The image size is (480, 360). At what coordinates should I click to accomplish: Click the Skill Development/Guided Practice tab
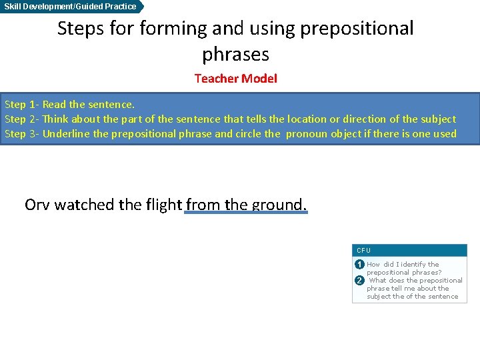pos(71,7)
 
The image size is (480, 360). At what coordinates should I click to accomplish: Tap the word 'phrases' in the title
pos(235,54)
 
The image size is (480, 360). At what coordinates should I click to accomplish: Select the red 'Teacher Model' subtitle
pos(235,79)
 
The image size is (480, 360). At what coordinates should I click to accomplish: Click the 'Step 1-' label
pos(22,105)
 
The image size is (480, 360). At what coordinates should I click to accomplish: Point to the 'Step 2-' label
pos(22,119)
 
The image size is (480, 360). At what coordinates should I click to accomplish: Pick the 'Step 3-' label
pos(22,134)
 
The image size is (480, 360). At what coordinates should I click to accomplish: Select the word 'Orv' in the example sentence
pos(37,205)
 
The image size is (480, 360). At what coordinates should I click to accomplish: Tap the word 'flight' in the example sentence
pos(163,205)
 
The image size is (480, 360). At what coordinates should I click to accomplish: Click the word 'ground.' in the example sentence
pos(280,205)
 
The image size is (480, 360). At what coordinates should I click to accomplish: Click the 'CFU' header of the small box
pos(363,251)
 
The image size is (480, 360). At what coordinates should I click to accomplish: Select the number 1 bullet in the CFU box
pos(359,265)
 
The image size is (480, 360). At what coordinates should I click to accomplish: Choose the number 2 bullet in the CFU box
pos(359,281)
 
